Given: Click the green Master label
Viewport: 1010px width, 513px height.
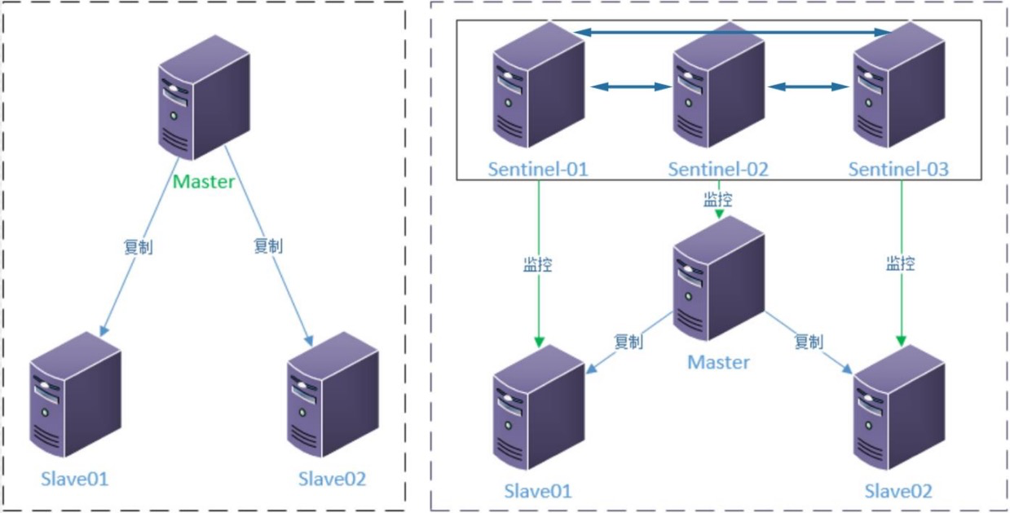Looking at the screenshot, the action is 204,181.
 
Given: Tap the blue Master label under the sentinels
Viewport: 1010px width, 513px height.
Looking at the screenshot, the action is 718,362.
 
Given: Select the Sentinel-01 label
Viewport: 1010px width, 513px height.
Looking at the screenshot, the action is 538,170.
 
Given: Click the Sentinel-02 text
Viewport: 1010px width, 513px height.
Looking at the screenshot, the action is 718,170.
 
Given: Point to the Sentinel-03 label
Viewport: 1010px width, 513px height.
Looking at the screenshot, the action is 898,170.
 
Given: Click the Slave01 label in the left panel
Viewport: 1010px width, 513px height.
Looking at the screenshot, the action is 75,480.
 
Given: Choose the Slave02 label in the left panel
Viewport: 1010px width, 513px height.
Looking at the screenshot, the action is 333,480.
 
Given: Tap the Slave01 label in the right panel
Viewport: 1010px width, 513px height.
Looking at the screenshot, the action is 538,491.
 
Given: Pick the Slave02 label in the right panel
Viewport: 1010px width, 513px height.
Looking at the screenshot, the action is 898,491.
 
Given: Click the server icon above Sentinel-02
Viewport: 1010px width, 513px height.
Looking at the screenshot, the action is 719,85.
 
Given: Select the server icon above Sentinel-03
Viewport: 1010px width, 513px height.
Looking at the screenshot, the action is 899,85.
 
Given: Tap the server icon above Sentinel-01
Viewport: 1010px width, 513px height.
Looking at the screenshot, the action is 539,85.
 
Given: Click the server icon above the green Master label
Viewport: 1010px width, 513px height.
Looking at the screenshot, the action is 205,97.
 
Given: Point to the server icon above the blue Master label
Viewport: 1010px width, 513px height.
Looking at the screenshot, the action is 719,278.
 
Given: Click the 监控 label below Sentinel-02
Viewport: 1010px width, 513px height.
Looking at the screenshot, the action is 718,199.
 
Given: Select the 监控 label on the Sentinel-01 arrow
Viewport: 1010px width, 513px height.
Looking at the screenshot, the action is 538,264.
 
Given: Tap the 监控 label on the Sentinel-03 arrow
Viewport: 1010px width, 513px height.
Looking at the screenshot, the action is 901,263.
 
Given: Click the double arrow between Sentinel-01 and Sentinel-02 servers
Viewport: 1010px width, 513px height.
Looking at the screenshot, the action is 631,86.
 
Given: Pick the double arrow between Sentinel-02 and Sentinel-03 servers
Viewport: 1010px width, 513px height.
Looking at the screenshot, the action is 809,86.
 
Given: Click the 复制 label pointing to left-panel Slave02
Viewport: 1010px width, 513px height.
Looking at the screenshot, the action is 268,246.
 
